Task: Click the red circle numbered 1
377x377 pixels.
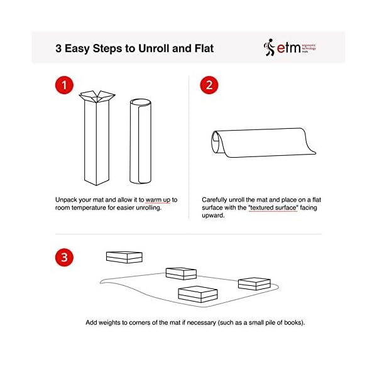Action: click(x=64, y=85)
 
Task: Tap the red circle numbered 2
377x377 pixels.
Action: click(x=209, y=85)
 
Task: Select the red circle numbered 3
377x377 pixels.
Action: click(x=64, y=257)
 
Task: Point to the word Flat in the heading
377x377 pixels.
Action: click(x=204, y=48)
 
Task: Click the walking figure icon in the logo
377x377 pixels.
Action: click(x=270, y=47)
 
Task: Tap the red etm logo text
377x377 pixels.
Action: click(x=288, y=48)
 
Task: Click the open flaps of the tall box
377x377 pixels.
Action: click(x=97, y=96)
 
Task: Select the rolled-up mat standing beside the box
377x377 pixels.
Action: click(x=140, y=141)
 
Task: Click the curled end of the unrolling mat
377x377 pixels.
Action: click(x=217, y=143)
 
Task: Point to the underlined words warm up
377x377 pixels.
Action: click(x=158, y=200)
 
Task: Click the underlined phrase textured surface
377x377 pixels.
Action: click(x=273, y=207)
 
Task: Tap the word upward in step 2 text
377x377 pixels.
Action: click(x=213, y=216)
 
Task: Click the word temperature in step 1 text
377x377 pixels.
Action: click(x=89, y=208)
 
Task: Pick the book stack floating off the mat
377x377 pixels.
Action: click(x=124, y=257)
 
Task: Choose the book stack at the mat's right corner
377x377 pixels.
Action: click(x=254, y=284)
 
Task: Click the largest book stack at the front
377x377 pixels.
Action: click(x=198, y=294)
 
